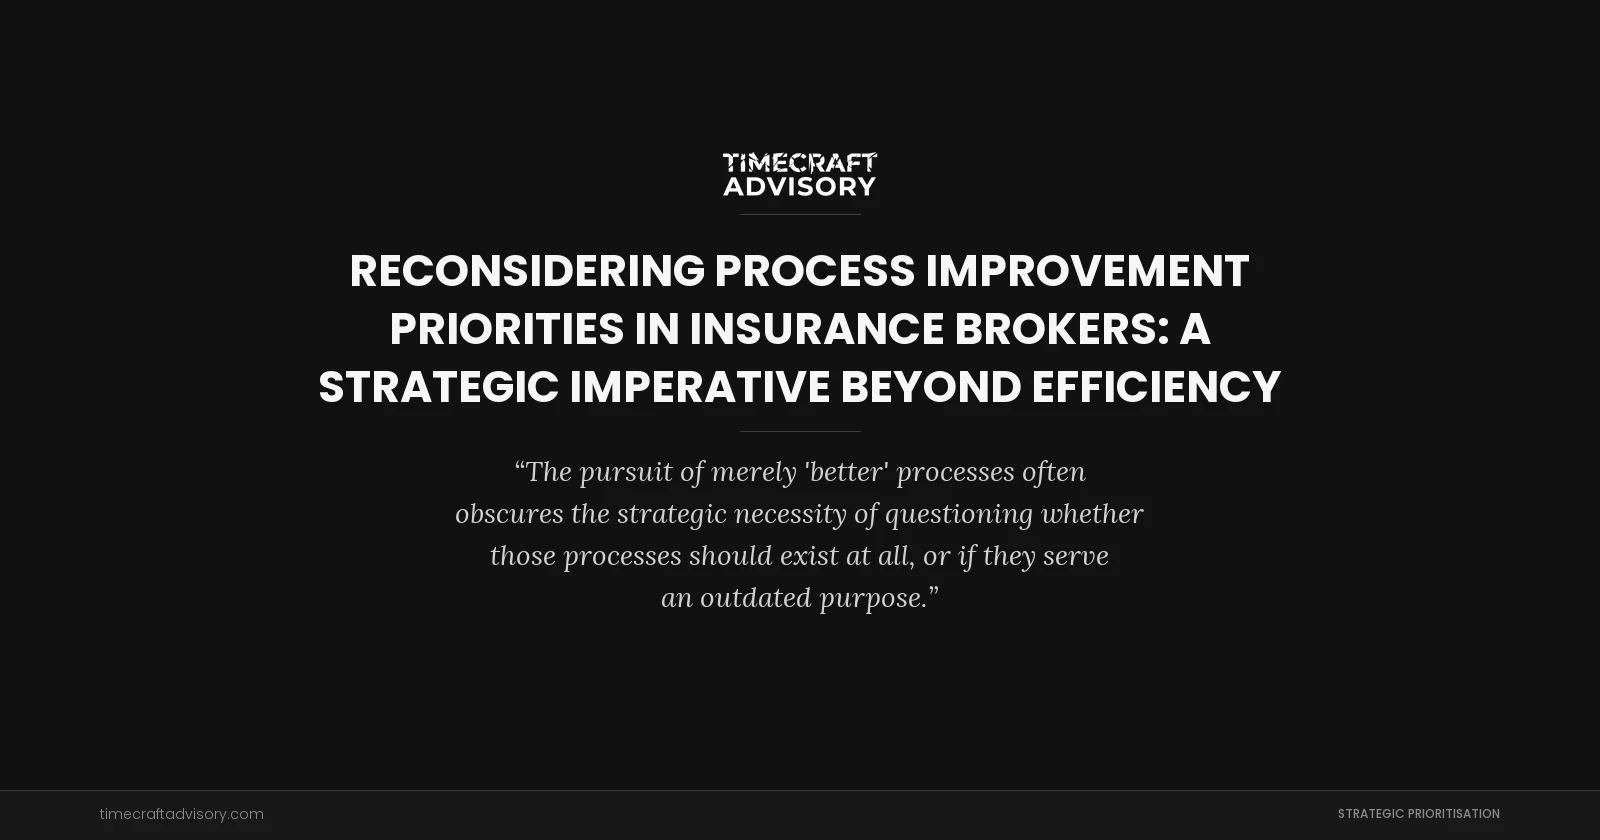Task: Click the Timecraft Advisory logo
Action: [x=800, y=174]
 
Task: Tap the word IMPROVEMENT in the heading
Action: [x=1087, y=271]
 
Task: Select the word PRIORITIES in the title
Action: [x=506, y=329]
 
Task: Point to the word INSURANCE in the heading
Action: [x=816, y=329]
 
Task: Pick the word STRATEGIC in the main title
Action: [x=438, y=387]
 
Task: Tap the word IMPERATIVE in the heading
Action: [x=699, y=387]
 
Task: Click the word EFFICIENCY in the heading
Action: [x=1156, y=387]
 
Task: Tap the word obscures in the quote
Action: [x=509, y=514]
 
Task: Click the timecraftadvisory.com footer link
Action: [x=182, y=814]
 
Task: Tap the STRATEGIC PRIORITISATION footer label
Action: [x=1418, y=814]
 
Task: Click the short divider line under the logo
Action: [x=800, y=214]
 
